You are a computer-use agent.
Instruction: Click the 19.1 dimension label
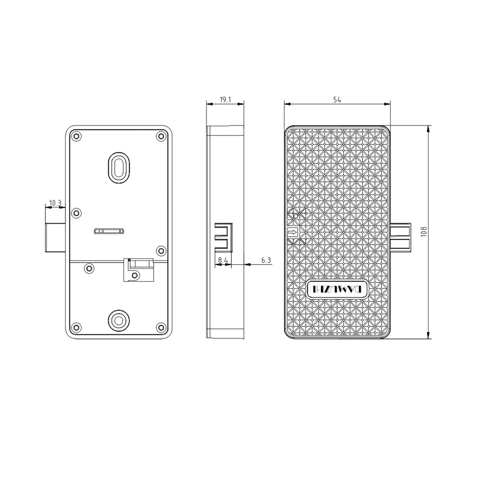[x=225, y=99]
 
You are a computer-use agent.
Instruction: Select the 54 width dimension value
[x=337, y=100]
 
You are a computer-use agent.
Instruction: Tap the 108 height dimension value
[x=424, y=232]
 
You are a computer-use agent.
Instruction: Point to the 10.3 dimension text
[x=55, y=203]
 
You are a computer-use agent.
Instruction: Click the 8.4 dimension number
[x=223, y=260]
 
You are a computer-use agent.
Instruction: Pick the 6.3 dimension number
[x=266, y=260]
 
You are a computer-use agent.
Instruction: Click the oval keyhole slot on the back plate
[x=119, y=167]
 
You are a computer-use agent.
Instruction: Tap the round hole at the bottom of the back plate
[x=118, y=321]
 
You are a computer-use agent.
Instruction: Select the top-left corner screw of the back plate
[x=76, y=136]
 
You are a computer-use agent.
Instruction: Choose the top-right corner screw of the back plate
[x=161, y=136]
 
